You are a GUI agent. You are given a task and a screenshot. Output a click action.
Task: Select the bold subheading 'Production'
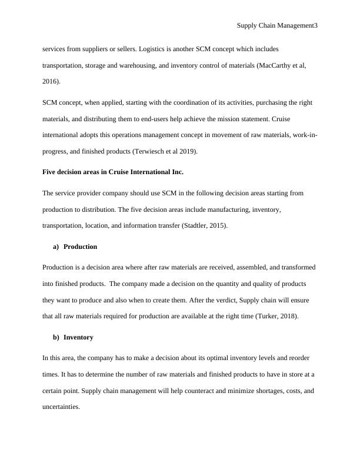(x=80, y=247)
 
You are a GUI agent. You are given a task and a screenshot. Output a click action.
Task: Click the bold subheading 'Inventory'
(x=78, y=338)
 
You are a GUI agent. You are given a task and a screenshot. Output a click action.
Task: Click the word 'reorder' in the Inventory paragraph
(x=299, y=358)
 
